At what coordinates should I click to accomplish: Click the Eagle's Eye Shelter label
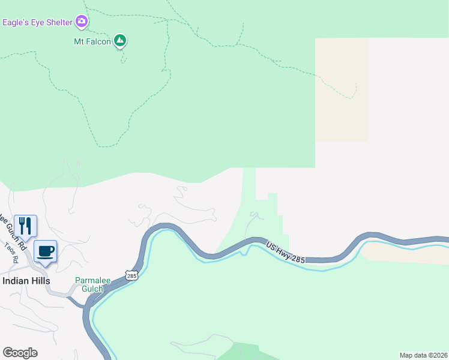37,23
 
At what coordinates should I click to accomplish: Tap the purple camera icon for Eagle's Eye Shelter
82,23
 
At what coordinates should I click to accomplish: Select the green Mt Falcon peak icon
120,41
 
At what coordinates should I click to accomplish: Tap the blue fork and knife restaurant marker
25,226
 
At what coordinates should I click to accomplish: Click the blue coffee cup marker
45,251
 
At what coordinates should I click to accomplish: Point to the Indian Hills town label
26,281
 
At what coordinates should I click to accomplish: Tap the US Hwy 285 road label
286,253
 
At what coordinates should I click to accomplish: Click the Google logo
20,353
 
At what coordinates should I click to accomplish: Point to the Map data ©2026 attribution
424,355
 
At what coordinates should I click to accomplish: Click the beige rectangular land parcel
342,90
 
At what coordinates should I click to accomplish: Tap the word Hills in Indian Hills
39,281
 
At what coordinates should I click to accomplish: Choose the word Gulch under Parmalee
89,289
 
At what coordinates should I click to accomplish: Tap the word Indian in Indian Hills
14,281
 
